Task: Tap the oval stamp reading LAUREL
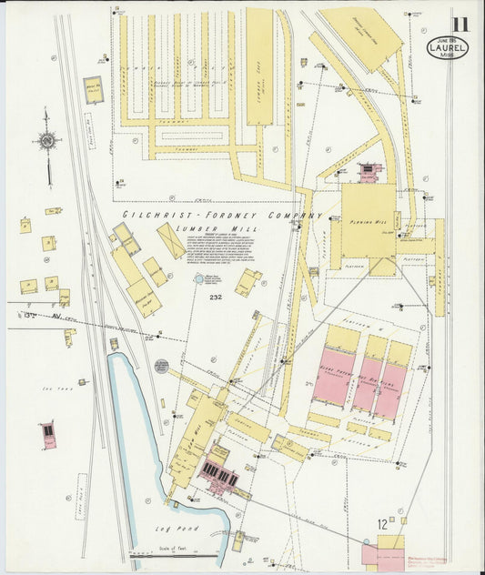pyautogui.click(x=448, y=48)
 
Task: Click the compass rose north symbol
pyautogui.click(x=46, y=140)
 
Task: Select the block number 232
pyautogui.click(x=215, y=298)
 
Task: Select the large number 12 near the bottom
pyautogui.click(x=383, y=523)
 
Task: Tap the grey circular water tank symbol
pyautogui.click(x=161, y=366)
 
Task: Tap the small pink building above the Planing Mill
pyautogui.click(x=368, y=171)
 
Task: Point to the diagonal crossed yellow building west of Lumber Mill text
pyautogui.click(x=171, y=240)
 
